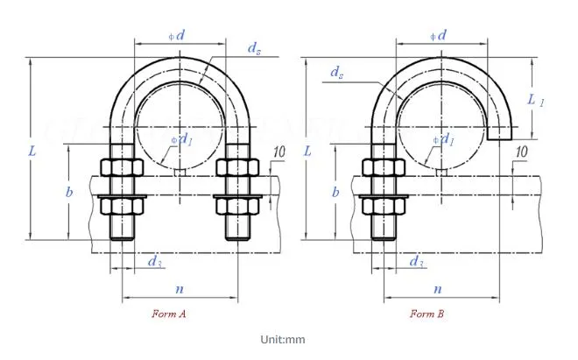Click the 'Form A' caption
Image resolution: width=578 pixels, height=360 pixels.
[169, 313]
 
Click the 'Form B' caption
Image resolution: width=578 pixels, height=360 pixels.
[427, 313]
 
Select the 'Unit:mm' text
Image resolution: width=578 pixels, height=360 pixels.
[282, 340]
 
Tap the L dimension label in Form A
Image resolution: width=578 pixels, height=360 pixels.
[32, 151]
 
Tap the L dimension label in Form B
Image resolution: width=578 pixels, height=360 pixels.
[307, 151]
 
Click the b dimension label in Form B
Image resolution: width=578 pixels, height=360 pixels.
[335, 191]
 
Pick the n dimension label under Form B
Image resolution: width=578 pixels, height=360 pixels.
[437, 287]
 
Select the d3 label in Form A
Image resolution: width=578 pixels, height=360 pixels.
[154, 261]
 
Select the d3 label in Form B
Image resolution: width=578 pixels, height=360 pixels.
[417, 261]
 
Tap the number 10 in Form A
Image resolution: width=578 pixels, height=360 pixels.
[278, 152]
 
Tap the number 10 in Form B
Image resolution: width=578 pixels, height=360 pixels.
[521, 152]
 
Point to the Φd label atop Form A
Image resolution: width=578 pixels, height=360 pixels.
[176, 35]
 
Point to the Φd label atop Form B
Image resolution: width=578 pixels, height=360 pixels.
[439, 35]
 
